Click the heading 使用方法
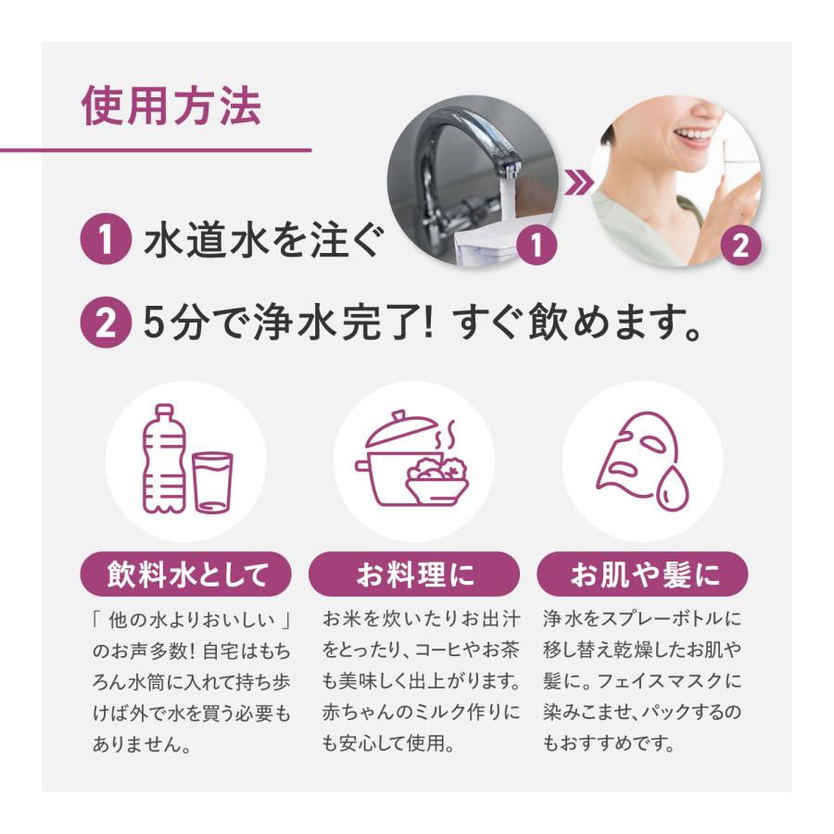point(171,107)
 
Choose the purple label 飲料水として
point(186,575)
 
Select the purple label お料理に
point(415,575)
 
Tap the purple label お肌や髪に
point(643,575)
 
